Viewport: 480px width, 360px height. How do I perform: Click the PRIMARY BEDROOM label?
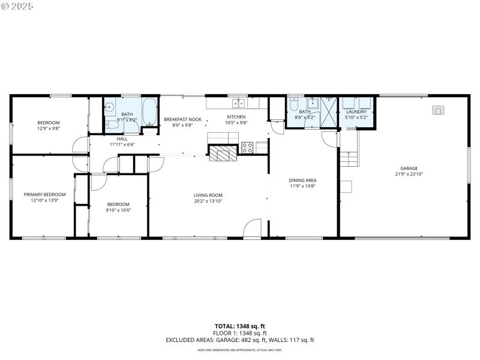pyautogui.click(x=44, y=194)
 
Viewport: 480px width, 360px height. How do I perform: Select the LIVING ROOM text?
pyautogui.click(x=208, y=195)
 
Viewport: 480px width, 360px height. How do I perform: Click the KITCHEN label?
pyautogui.click(x=236, y=116)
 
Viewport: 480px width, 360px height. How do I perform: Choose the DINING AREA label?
pyautogui.click(x=302, y=180)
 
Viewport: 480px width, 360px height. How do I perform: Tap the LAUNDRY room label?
pyautogui.click(x=356, y=112)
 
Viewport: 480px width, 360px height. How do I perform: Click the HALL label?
pyautogui.click(x=122, y=139)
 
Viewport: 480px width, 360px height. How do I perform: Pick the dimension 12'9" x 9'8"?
pyautogui.click(x=49, y=128)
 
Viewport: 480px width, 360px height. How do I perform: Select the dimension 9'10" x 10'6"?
pyautogui.click(x=118, y=210)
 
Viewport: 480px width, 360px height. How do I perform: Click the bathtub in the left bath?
pyautogui.click(x=149, y=112)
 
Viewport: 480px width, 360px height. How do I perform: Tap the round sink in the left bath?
pyautogui.click(x=110, y=109)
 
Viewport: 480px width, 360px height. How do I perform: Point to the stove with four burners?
pyautogui.click(x=247, y=147)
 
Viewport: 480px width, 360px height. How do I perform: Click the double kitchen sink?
pyautogui.click(x=239, y=103)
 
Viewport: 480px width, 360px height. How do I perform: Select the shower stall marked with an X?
pyautogui.click(x=329, y=110)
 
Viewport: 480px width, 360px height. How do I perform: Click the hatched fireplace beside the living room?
pyautogui.click(x=223, y=154)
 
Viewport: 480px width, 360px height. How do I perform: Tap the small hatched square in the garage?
pyautogui.click(x=439, y=110)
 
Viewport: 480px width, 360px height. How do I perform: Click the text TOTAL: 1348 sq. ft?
pyautogui.click(x=240, y=326)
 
